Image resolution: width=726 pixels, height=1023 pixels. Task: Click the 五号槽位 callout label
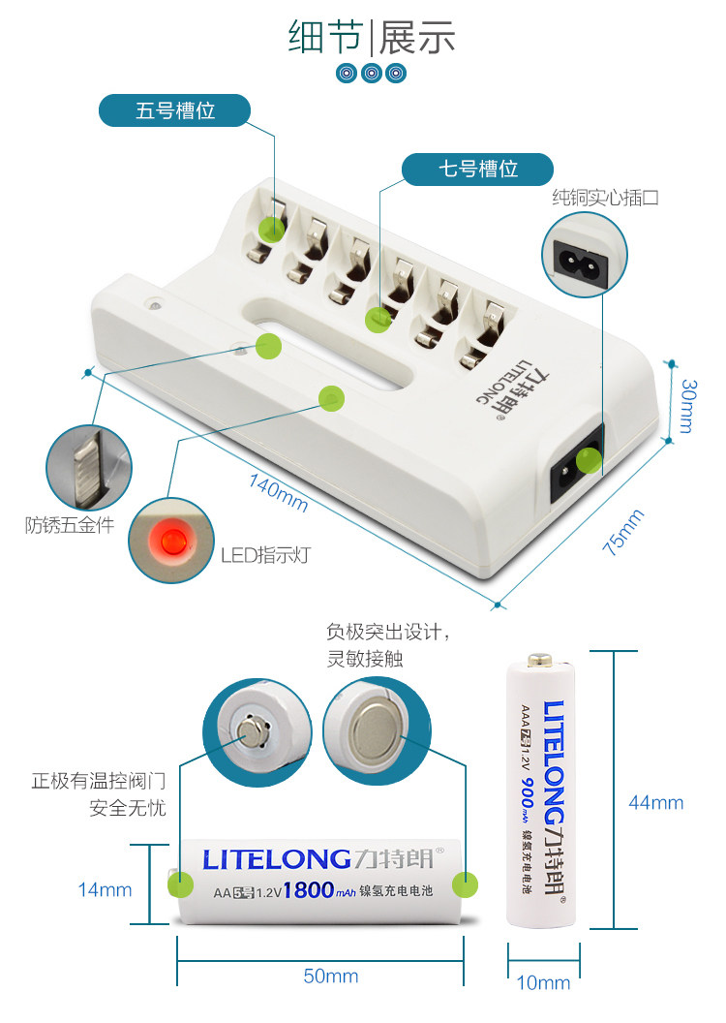(175, 110)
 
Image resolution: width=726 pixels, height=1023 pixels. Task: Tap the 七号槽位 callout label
(478, 169)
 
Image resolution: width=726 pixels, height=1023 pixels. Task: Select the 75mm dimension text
(623, 531)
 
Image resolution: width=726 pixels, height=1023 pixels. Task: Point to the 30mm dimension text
(687, 405)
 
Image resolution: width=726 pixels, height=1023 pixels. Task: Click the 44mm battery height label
(655, 802)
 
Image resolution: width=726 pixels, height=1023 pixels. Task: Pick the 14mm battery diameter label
(105, 889)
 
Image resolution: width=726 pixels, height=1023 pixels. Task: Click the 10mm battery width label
(543, 983)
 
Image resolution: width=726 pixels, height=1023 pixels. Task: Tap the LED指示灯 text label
(265, 555)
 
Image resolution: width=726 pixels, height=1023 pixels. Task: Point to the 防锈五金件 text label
(70, 526)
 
